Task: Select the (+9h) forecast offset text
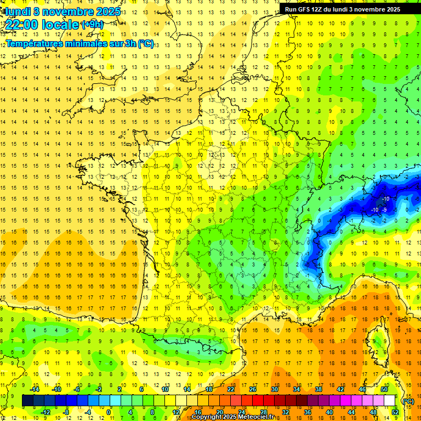(92, 24)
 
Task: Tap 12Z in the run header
(319, 9)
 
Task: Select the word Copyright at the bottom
(207, 417)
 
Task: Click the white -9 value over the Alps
(385, 209)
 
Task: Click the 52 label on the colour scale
(395, 412)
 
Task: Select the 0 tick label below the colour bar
(109, 412)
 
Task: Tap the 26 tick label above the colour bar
(253, 389)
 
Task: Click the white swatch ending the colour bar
(390, 400)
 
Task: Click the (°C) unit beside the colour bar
(408, 401)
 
